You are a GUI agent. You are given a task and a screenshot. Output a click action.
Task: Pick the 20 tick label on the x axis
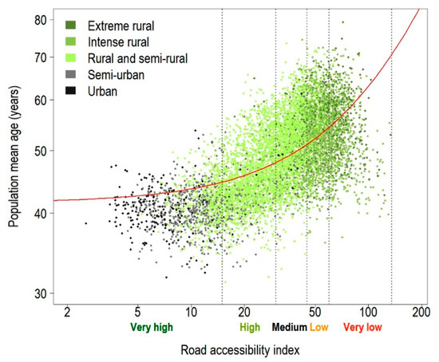(x=244, y=310)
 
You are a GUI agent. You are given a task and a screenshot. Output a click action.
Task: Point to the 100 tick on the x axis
(x=368, y=310)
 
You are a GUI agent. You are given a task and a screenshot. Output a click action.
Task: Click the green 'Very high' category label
(x=150, y=327)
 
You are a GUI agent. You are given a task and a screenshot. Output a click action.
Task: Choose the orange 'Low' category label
(x=318, y=327)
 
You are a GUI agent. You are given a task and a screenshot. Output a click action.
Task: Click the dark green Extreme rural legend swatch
(x=73, y=26)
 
